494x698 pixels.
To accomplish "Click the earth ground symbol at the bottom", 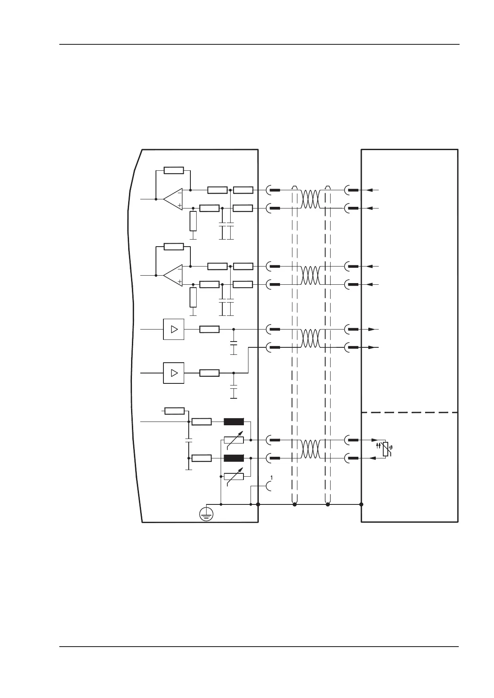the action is [x=206, y=514].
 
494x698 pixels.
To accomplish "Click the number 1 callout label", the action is [x=272, y=478].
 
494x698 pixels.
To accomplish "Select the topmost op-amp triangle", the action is [x=173, y=199].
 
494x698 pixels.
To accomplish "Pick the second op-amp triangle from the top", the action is [x=173, y=275].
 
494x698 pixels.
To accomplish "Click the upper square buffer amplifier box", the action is [x=174, y=329].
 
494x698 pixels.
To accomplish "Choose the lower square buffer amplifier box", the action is [x=174, y=373].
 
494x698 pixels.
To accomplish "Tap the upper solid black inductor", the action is [x=234, y=422].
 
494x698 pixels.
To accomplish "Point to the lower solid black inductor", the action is [x=234, y=458].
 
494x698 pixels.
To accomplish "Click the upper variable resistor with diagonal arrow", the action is [x=234, y=440].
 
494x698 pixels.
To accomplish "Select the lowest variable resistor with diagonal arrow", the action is [x=234, y=476].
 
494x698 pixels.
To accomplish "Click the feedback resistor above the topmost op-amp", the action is [x=174, y=170].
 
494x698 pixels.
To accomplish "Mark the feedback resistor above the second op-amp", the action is [x=174, y=247].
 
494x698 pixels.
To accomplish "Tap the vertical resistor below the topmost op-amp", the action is [x=193, y=221].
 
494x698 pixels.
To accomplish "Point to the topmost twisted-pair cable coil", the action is [x=311, y=199].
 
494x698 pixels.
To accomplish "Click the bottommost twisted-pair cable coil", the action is [x=311, y=449].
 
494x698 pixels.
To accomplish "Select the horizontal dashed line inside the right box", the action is [x=410, y=412].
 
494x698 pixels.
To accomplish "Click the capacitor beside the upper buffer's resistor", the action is [x=234, y=344].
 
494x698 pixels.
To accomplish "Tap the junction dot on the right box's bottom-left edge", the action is [x=361, y=504].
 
